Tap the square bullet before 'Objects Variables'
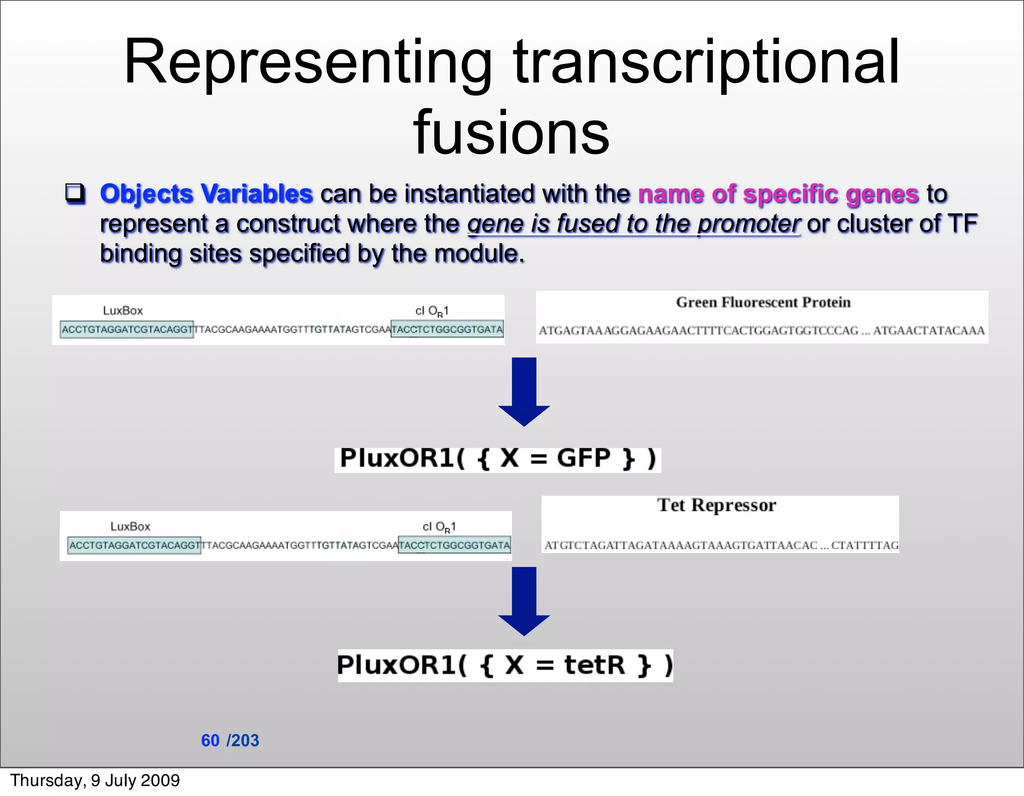(75, 193)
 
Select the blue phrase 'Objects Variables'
(206, 193)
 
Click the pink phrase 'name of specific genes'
(778, 193)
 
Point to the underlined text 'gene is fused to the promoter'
(633, 224)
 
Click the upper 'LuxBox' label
(122, 311)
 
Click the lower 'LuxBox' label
(130, 526)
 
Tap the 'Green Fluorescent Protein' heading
(763, 302)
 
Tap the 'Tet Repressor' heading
(716, 505)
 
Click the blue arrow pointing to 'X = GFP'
(523, 392)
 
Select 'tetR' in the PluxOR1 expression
(594, 665)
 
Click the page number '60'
(210, 740)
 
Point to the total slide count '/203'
(243, 740)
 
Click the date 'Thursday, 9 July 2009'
(95, 781)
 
